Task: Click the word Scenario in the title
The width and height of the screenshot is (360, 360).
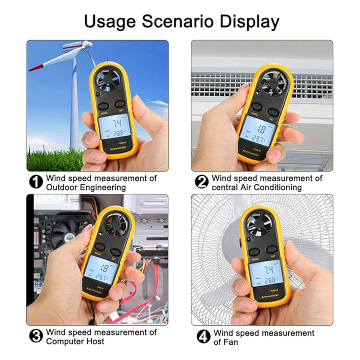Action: [x=178, y=22]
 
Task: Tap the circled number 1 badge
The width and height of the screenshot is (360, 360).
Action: [x=36, y=182]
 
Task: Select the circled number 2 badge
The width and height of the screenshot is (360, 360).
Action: [x=202, y=182]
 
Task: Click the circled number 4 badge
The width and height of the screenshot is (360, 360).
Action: [x=203, y=337]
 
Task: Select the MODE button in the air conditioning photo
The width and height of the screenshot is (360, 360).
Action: [x=256, y=107]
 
